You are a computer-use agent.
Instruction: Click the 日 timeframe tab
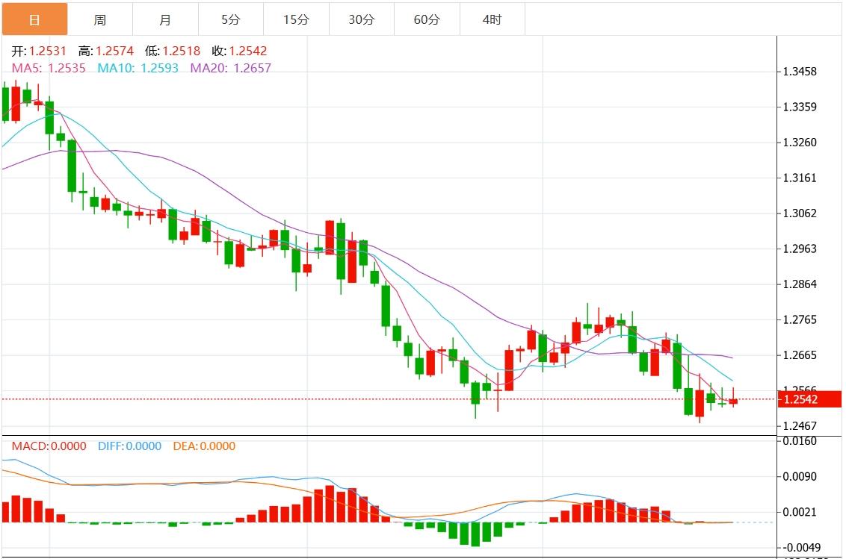[x=34, y=19]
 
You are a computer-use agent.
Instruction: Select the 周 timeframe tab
[x=100, y=19]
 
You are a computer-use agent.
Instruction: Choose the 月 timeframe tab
[x=165, y=19]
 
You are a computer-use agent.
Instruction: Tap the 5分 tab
[x=231, y=19]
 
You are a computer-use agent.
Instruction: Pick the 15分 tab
[x=296, y=19]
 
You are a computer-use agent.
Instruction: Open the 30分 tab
[x=361, y=19]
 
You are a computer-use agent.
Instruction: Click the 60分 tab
[x=427, y=19]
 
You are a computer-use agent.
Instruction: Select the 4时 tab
[x=492, y=19]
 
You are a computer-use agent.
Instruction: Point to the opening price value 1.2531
[x=48, y=51]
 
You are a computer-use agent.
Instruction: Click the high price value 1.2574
[x=114, y=51]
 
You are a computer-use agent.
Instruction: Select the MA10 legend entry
[x=138, y=68]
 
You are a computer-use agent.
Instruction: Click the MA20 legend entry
[x=231, y=68]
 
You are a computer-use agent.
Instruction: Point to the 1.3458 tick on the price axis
[x=800, y=72]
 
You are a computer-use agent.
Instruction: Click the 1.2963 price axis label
[x=800, y=249]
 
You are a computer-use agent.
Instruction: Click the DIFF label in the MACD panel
[x=129, y=446]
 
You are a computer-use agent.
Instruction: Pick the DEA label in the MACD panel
[x=204, y=446]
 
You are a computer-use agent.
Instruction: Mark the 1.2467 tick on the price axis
[x=800, y=426]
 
